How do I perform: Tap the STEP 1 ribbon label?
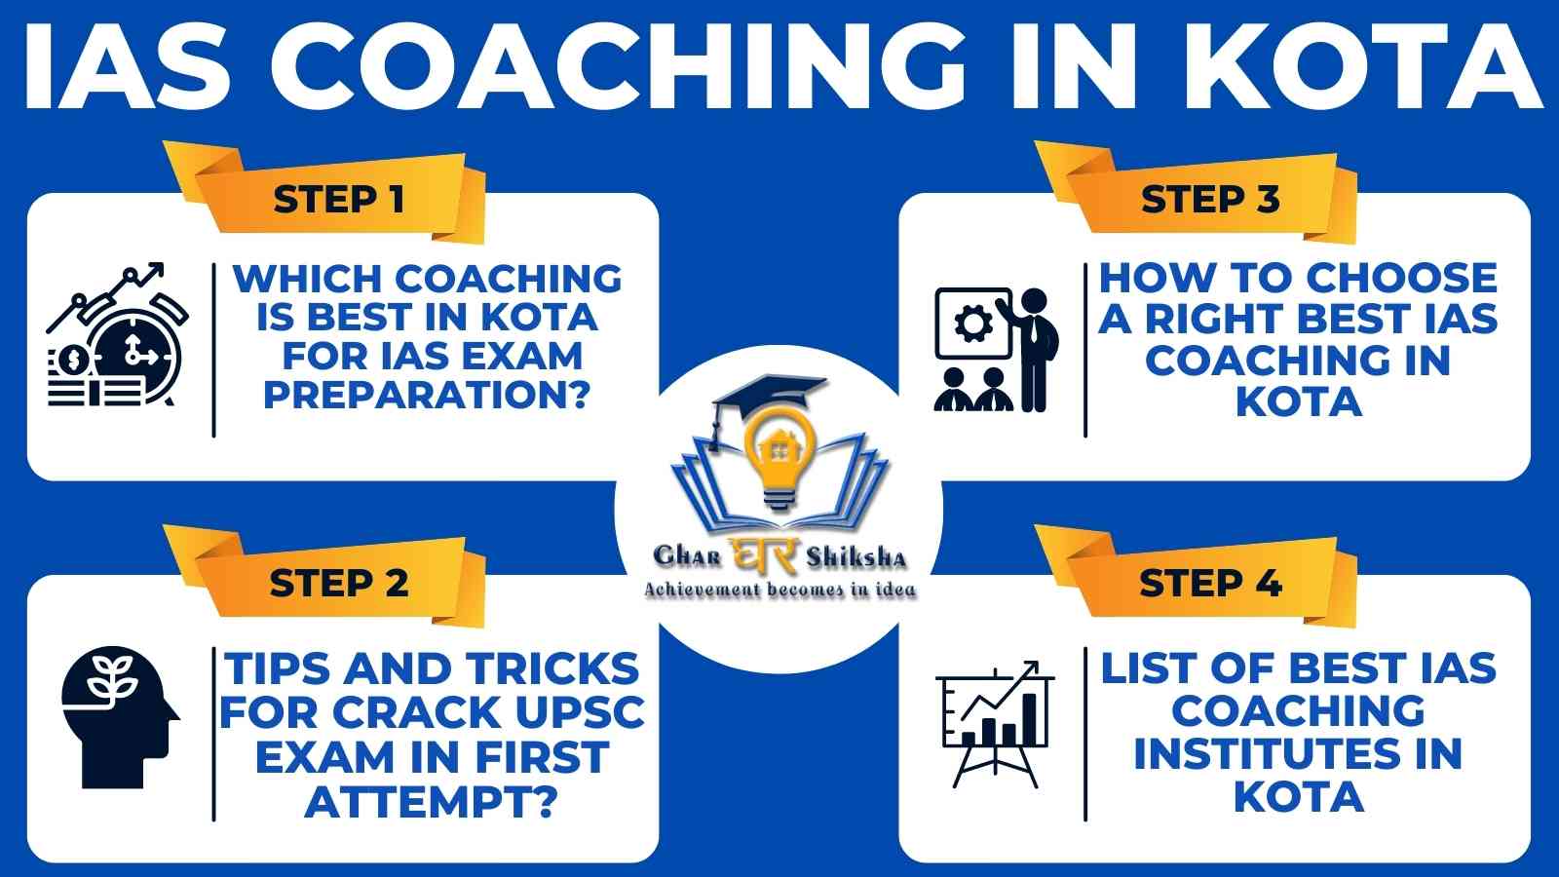click(339, 200)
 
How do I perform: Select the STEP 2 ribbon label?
click(339, 583)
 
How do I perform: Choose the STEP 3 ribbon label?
click(1210, 199)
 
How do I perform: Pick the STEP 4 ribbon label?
click(1210, 583)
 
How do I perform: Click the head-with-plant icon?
click(121, 717)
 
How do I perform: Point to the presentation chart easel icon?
click(995, 724)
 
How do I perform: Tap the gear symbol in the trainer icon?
click(973, 323)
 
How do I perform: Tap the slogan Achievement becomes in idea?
click(779, 591)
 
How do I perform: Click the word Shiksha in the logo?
click(856, 556)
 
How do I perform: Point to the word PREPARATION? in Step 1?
click(427, 396)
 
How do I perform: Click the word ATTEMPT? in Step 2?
click(432, 802)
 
